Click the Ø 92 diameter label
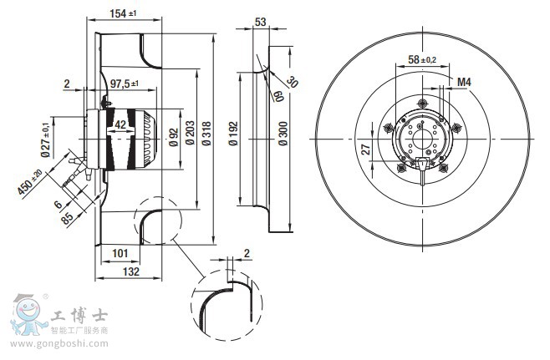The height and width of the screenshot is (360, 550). [x=174, y=136]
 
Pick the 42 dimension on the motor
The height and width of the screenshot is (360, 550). [x=120, y=124]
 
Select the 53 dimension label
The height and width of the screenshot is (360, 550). [x=261, y=22]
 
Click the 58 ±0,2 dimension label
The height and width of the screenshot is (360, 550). [x=421, y=59]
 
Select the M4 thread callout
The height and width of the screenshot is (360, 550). [x=465, y=82]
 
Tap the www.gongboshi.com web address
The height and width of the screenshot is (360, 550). [x=54, y=343]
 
